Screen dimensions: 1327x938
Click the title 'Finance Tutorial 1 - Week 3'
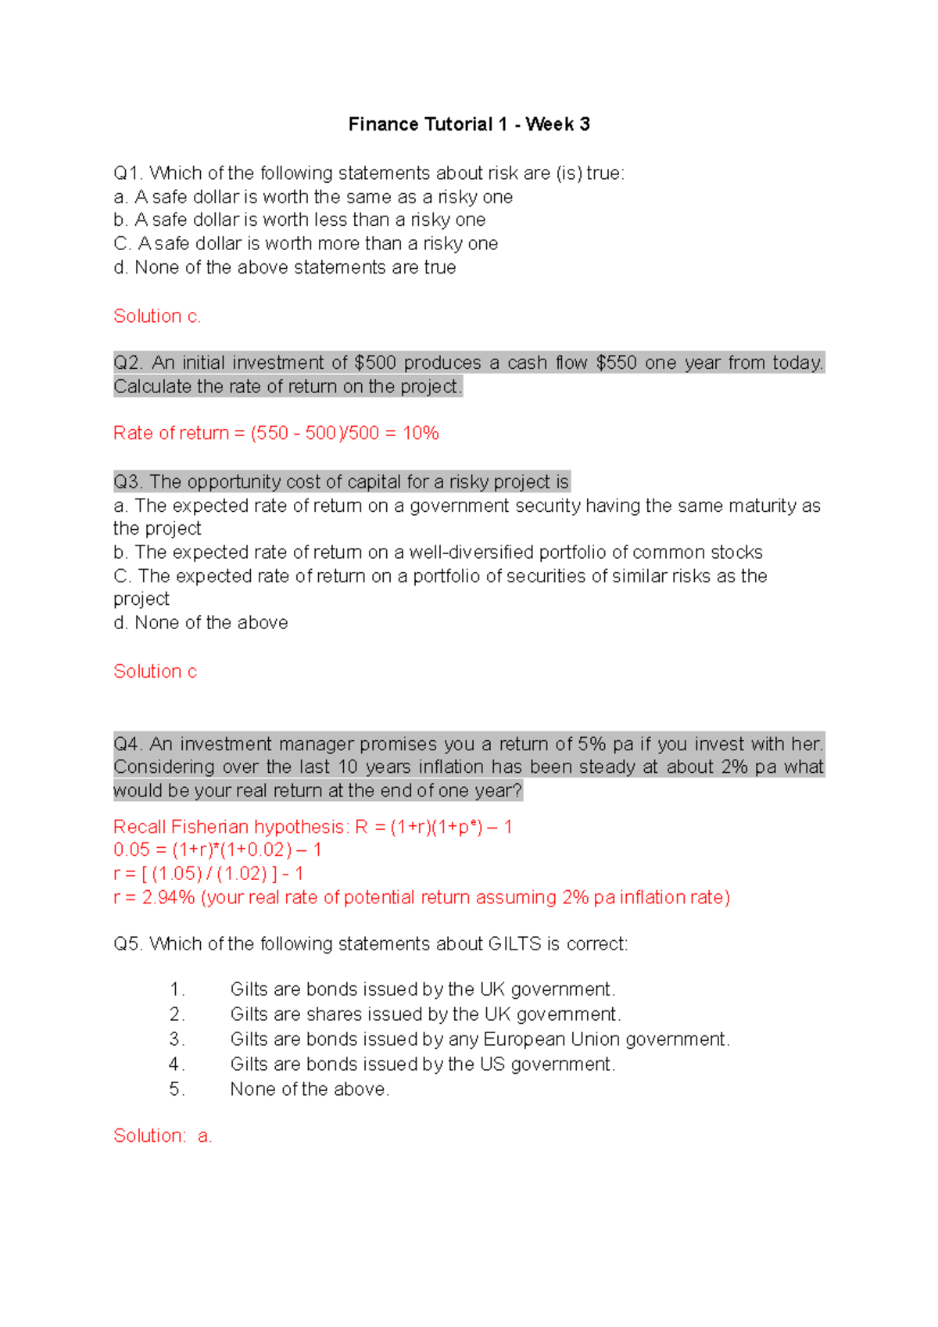pyautogui.click(x=469, y=124)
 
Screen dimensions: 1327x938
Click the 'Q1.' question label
pyautogui.click(x=128, y=173)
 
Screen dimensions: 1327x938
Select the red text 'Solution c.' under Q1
pyautogui.click(x=157, y=316)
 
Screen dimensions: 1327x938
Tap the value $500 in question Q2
pyautogui.click(x=375, y=363)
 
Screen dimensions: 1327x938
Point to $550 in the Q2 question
pyautogui.click(x=617, y=363)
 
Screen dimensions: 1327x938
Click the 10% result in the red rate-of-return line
pyautogui.click(x=421, y=433)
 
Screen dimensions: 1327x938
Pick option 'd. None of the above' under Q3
pyautogui.click(x=201, y=623)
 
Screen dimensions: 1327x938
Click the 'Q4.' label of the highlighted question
pyautogui.click(x=128, y=743)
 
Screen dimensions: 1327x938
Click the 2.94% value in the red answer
pyautogui.click(x=168, y=897)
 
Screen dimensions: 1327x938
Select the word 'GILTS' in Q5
pyautogui.click(x=514, y=944)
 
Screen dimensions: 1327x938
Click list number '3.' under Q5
pyautogui.click(x=177, y=1039)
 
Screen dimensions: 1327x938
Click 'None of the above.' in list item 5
pyautogui.click(x=310, y=1089)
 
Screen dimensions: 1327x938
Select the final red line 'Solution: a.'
pyautogui.click(x=163, y=1136)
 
